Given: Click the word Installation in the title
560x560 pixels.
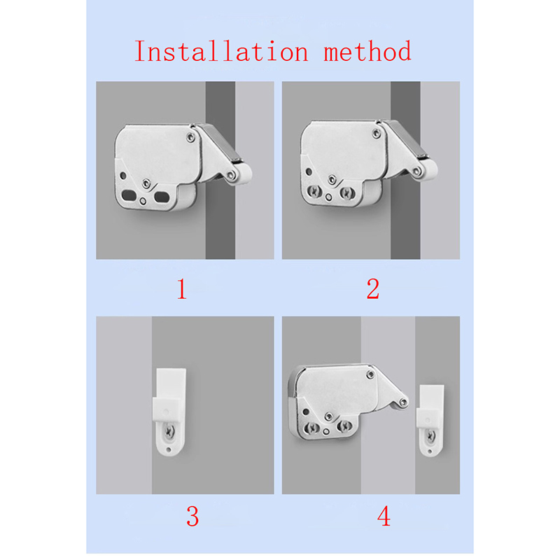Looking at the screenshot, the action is click(221, 51).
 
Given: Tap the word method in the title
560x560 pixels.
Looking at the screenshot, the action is click(367, 51).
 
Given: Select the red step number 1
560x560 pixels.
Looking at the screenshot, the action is click(182, 288).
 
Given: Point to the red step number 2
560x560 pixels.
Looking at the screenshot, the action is click(373, 288).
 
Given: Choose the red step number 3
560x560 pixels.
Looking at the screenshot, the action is click(192, 517).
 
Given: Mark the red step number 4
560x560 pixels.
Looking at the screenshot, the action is click(384, 517).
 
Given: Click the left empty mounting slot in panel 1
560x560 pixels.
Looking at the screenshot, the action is click(129, 195).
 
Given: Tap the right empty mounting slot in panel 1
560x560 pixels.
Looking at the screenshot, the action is click(162, 197).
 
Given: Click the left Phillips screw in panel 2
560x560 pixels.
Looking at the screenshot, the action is click(314, 191).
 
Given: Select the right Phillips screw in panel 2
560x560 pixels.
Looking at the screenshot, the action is click(346, 193).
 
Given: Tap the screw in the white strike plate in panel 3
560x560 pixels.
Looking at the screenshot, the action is click(169, 433).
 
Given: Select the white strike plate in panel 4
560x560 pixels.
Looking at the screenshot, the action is click(430, 421).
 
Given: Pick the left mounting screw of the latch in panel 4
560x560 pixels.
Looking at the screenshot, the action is click(312, 428).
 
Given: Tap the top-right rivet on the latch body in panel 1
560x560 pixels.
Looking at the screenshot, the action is click(191, 137).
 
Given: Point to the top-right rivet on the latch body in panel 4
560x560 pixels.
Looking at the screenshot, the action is click(371, 374).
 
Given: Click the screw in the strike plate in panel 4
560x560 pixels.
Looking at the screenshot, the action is click(430, 435).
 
